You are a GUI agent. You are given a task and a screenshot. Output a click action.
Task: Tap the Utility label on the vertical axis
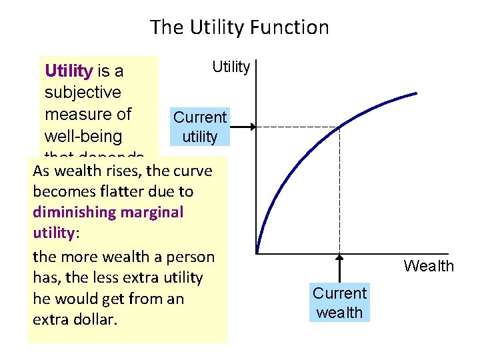(231, 67)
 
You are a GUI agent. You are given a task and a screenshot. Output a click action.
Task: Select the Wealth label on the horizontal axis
(429, 267)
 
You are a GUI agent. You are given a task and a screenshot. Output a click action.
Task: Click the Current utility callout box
(200, 127)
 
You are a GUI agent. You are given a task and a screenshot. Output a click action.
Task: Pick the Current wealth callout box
(340, 303)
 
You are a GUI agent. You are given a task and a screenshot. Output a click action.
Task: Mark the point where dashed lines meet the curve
(339, 127)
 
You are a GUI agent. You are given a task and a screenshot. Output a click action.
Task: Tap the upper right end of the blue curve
(417, 93)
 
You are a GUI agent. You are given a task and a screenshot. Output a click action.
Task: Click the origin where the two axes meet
(256, 254)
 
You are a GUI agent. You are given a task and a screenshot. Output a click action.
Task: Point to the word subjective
(83, 92)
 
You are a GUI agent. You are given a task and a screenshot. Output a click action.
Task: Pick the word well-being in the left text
(83, 137)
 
